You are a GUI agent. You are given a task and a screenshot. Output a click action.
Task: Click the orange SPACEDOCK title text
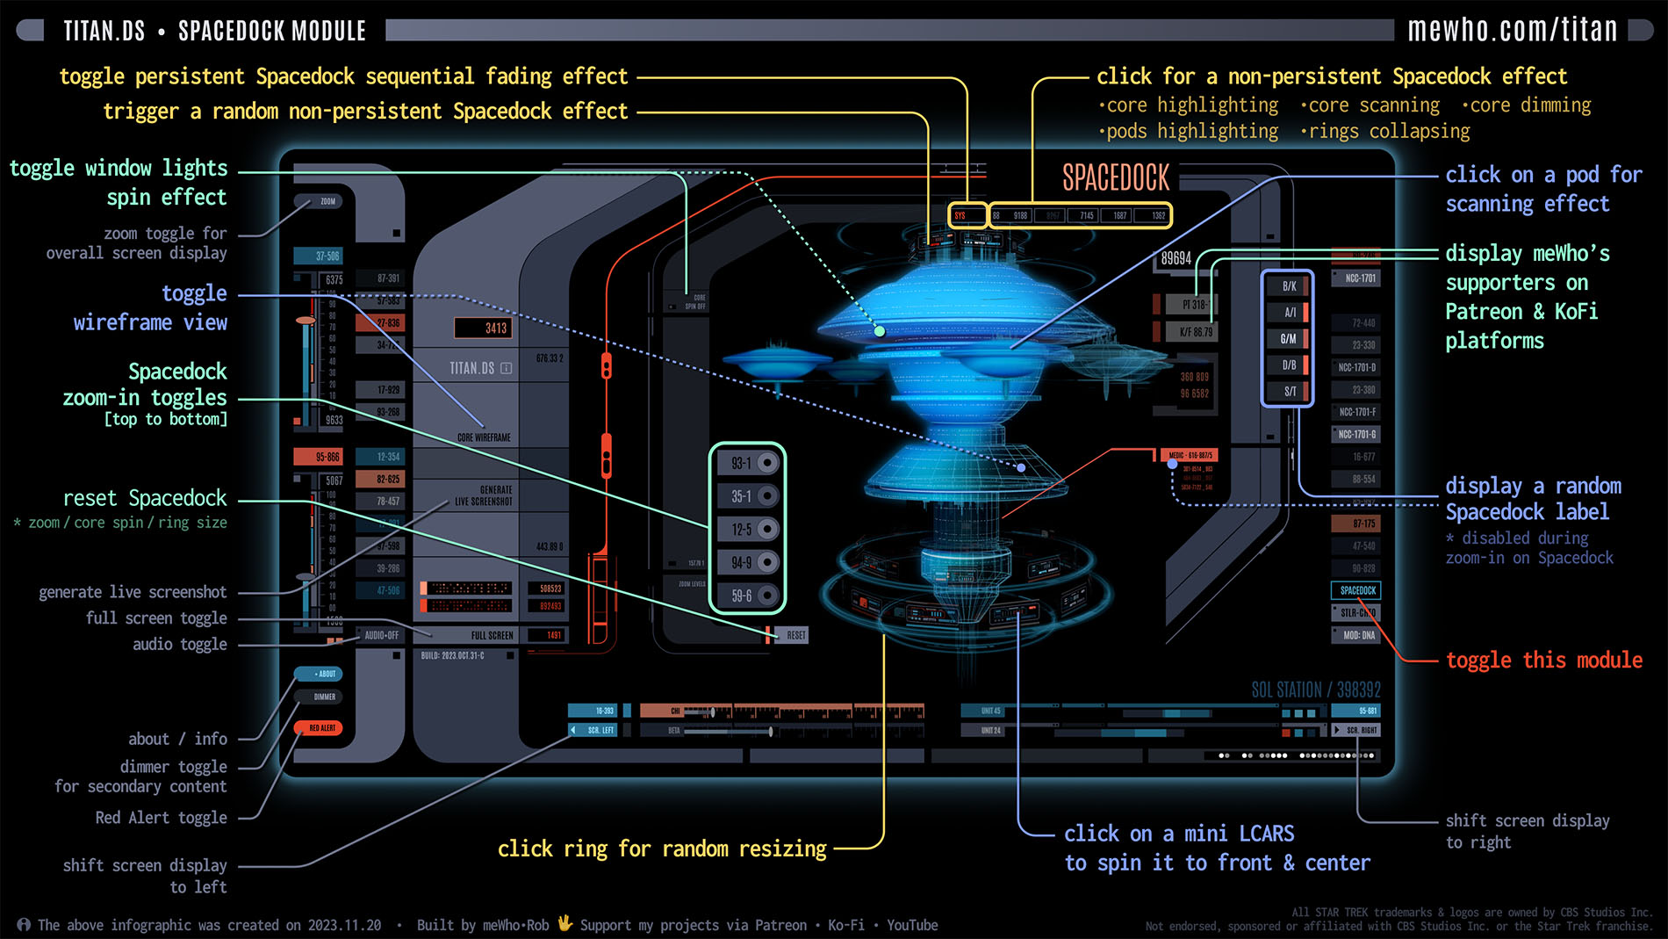click(x=1116, y=178)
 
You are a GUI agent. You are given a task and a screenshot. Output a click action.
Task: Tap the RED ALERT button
click(x=321, y=728)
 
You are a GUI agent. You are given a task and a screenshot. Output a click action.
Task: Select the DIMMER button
click(x=324, y=697)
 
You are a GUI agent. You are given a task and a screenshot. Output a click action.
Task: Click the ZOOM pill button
click(x=327, y=201)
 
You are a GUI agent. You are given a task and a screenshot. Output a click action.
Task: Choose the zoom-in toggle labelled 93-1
click(x=747, y=463)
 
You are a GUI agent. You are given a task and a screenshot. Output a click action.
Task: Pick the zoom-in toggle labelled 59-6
click(x=747, y=596)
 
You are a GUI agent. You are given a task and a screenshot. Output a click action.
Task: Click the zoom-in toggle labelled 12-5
click(x=747, y=529)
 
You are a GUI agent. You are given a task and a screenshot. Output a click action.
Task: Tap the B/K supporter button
click(x=1289, y=286)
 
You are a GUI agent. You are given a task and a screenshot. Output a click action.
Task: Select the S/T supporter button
click(x=1289, y=391)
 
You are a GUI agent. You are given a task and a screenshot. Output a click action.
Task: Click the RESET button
click(x=794, y=635)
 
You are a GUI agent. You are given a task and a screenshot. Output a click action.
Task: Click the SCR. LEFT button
click(x=600, y=730)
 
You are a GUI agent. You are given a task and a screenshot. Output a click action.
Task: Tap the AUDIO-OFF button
click(x=382, y=635)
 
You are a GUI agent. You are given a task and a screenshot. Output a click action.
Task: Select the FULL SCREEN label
click(x=492, y=635)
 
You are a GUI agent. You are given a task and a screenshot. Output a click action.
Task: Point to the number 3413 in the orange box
click(x=495, y=328)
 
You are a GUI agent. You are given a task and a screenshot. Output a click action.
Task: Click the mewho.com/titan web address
click(x=1512, y=30)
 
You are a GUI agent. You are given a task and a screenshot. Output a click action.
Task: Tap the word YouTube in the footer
click(x=912, y=925)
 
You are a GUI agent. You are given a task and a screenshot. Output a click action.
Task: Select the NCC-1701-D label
click(x=1356, y=367)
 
